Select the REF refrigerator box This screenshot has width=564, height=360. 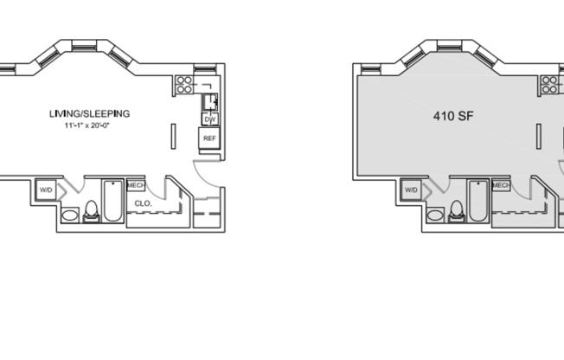(x=209, y=138)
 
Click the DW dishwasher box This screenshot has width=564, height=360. (x=209, y=119)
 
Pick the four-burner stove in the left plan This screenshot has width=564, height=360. (x=183, y=84)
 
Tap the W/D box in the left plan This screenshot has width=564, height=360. (x=46, y=190)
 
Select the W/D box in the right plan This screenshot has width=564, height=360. (x=411, y=190)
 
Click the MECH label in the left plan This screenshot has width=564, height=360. (x=136, y=184)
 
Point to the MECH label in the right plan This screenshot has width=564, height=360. (x=501, y=184)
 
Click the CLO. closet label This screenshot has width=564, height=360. (x=144, y=204)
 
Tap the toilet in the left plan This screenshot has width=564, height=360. (x=91, y=210)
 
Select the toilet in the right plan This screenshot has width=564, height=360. (x=456, y=210)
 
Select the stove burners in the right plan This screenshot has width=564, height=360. (x=549, y=84)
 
